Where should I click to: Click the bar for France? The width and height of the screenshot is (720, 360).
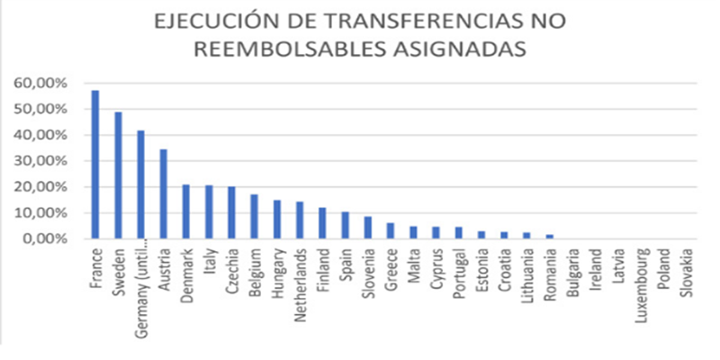[x=94, y=165]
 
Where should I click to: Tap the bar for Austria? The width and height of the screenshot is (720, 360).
[x=163, y=194]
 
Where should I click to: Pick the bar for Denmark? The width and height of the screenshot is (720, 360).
[x=185, y=212]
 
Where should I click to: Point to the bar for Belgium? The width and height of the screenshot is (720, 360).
[x=254, y=217]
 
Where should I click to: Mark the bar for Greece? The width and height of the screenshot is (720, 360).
[x=391, y=231]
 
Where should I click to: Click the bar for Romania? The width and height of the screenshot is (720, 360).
[x=550, y=237]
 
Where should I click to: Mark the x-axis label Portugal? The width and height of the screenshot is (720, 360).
[x=459, y=273]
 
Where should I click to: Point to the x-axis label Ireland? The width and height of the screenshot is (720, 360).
[x=596, y=268]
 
